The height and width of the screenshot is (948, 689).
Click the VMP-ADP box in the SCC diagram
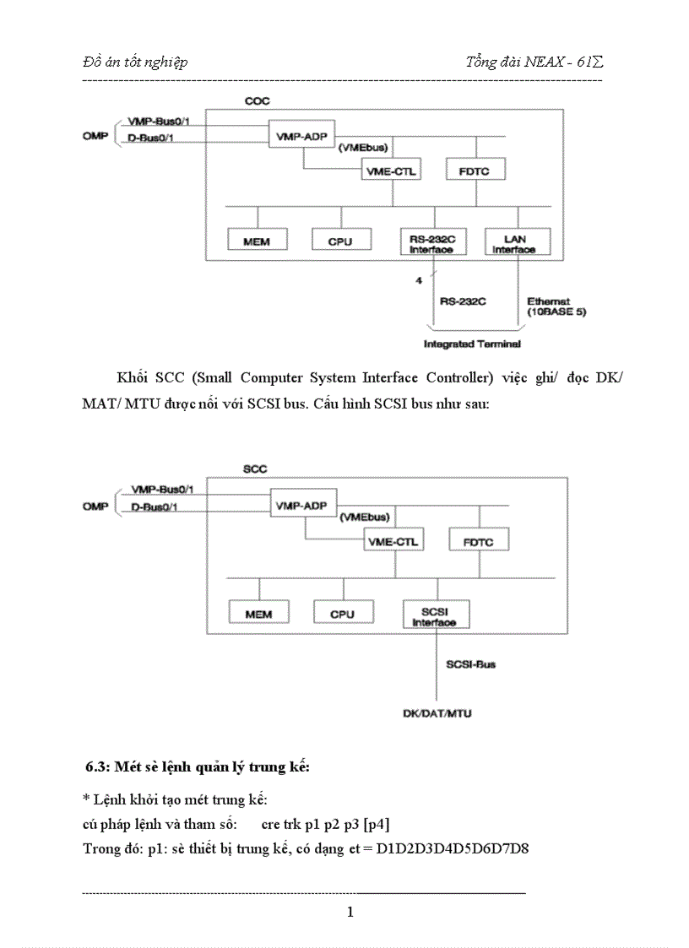click(301, 507)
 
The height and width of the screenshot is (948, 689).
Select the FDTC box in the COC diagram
click(475, 171)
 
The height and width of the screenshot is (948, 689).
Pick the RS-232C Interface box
click(432, 242)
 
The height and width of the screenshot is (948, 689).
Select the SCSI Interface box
click(434, 615)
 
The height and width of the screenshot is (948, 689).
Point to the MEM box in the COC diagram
click(256, 241)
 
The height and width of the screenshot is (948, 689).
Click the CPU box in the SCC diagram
click(341, 614)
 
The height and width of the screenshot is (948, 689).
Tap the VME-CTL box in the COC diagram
click(392, 171)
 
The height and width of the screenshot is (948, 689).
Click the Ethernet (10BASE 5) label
click(556, 306)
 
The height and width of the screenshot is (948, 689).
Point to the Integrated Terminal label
click(472, 344)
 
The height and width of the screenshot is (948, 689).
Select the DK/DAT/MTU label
click(437, 713)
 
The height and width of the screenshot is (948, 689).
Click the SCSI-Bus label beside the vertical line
click(470, 664)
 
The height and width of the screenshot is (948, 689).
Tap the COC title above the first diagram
click(257, 101)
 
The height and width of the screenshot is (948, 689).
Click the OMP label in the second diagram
click(95, 506)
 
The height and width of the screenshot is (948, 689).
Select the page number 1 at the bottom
click(350, 912)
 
